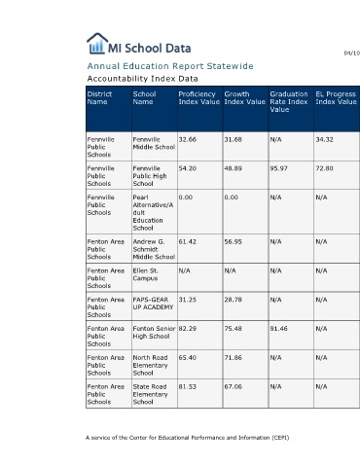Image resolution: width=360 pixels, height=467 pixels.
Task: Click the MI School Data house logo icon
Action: point(97,43)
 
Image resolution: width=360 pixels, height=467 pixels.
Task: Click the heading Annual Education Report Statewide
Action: point(170,66)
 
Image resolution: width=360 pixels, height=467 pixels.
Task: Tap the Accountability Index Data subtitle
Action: point(142,79)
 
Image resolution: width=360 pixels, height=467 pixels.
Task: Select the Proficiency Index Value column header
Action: point(199,98)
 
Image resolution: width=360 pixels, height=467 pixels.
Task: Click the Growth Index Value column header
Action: point(245,98)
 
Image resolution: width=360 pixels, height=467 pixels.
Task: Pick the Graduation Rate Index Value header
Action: point(289,102)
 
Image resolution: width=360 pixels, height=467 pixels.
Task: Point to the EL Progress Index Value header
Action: point(337,98)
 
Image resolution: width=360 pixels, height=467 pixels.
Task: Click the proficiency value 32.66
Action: point(188,139)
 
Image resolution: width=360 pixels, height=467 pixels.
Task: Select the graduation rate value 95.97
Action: point(278,168)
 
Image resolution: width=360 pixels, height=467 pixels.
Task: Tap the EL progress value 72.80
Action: point(324,168)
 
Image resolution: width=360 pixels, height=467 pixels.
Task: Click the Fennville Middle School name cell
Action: point(154,143)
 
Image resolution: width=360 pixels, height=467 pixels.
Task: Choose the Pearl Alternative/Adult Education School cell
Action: point(153,213)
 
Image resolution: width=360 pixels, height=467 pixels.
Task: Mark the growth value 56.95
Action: point(234,241)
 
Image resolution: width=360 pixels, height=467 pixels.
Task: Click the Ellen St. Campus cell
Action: point(145,274)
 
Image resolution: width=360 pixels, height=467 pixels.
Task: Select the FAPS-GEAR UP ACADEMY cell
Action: point(153,304)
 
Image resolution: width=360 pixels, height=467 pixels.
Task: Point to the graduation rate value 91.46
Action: point(278,329)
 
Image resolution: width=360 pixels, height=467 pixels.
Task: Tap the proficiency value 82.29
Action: point(188,329)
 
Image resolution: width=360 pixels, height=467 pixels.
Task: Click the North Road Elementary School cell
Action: point(150,365)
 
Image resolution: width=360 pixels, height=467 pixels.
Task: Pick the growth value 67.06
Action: point(234,386)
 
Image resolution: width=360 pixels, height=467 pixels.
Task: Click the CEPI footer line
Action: point(188,438)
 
